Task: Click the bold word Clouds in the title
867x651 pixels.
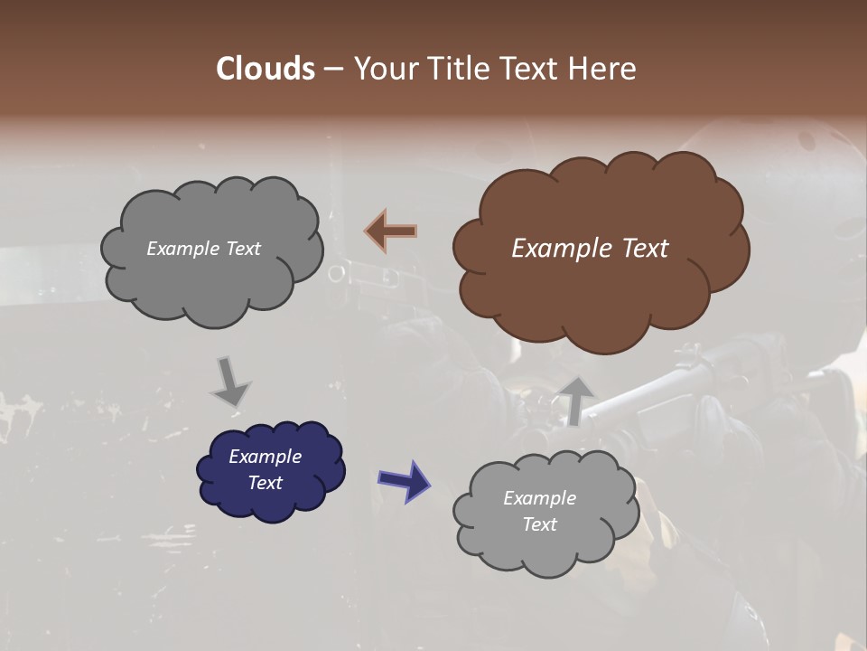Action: click(265, 69)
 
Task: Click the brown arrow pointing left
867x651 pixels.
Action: click(391, 231)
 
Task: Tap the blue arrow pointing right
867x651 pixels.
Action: click(405, 480)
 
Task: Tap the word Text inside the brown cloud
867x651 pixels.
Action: click(645, 249)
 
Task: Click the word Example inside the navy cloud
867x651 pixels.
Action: click(265, 457)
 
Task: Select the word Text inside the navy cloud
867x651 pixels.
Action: click(265, 483)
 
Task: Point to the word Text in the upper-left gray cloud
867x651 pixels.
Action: click(242, 249)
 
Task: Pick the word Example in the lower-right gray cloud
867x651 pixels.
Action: click(539, 498)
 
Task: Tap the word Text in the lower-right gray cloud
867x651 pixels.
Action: click(539, 524)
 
